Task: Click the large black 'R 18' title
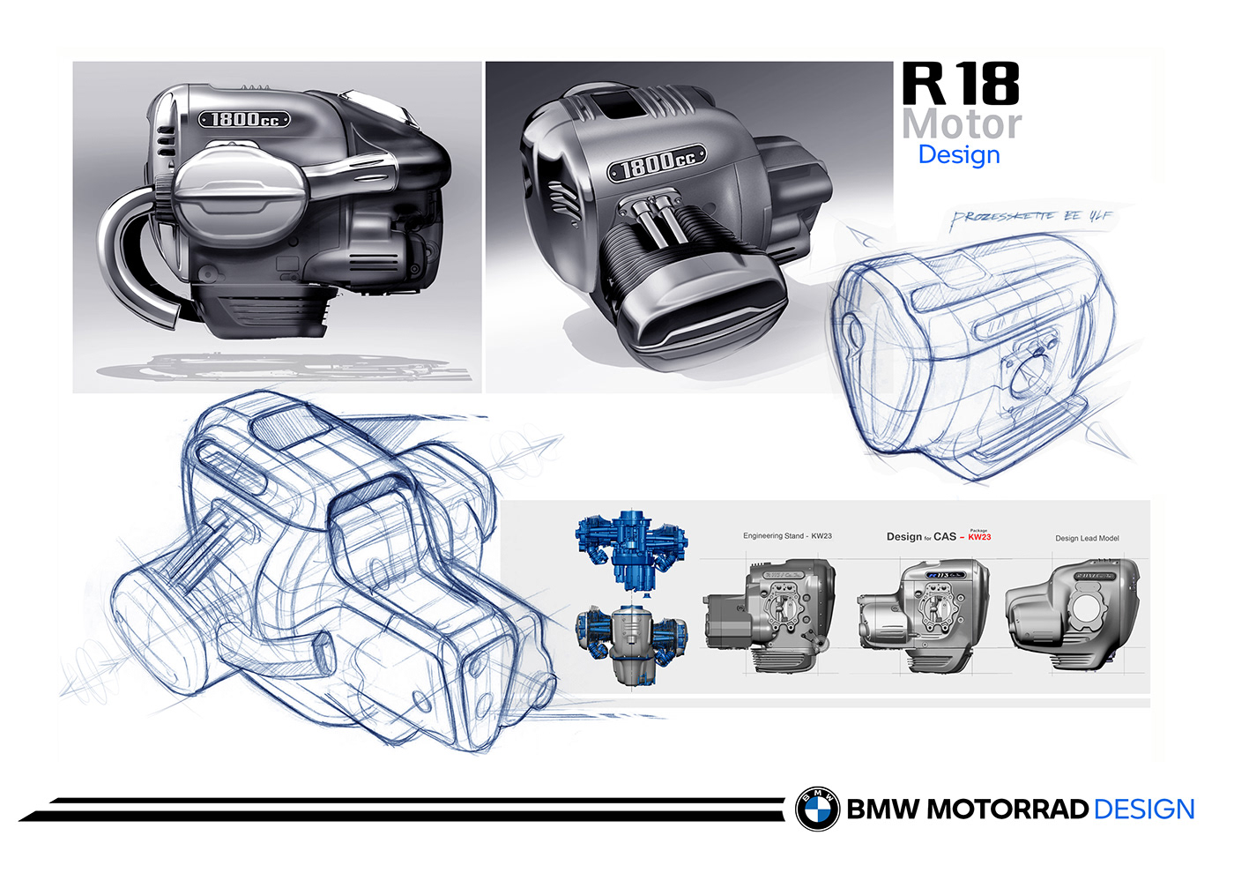coord(961,84)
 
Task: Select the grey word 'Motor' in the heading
coord(961,123)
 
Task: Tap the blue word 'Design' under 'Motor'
coord(959,154)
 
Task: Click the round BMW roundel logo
coord(818,809)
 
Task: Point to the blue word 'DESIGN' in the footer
coord(1143,810)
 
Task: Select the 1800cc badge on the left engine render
coord(244,119)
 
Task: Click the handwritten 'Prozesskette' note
coord(1030,219)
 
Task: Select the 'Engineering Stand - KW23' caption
coord(787,536)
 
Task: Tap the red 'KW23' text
coord(979,537)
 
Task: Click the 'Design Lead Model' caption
coord(1087,538)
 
